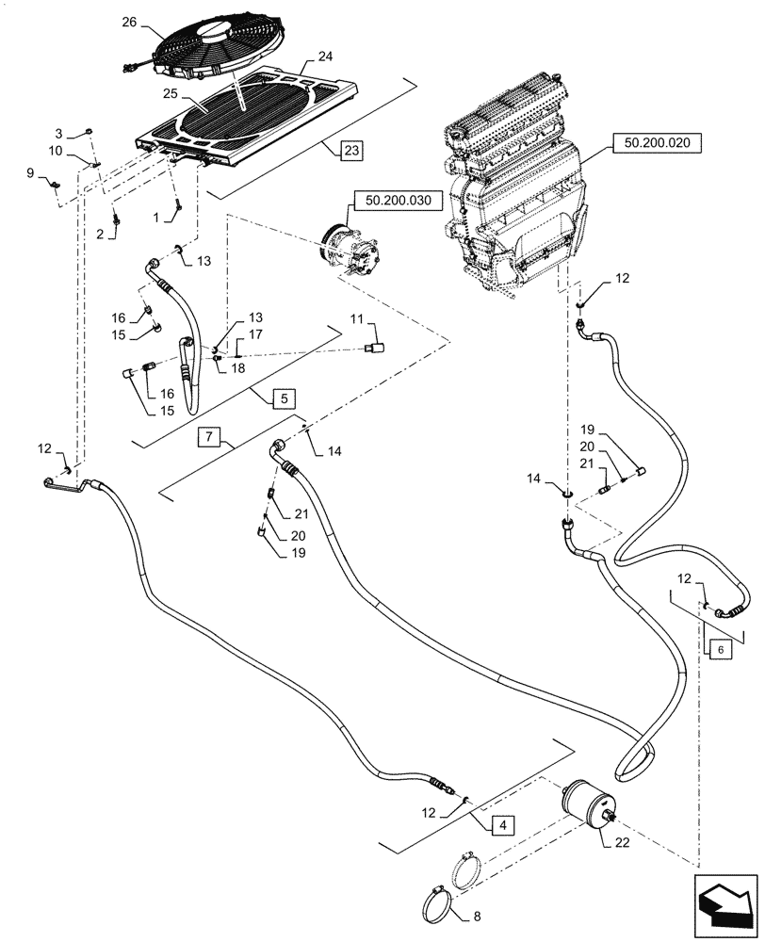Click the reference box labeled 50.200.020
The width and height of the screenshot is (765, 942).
[657, 143]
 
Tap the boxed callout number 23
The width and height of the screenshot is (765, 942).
[350, 151]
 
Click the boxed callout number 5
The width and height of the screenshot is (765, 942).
[284, 399]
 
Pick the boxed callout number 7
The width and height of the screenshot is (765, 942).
[210, 437]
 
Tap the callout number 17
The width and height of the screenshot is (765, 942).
[255, 333]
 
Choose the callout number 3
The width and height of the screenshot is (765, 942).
[58, 133]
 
